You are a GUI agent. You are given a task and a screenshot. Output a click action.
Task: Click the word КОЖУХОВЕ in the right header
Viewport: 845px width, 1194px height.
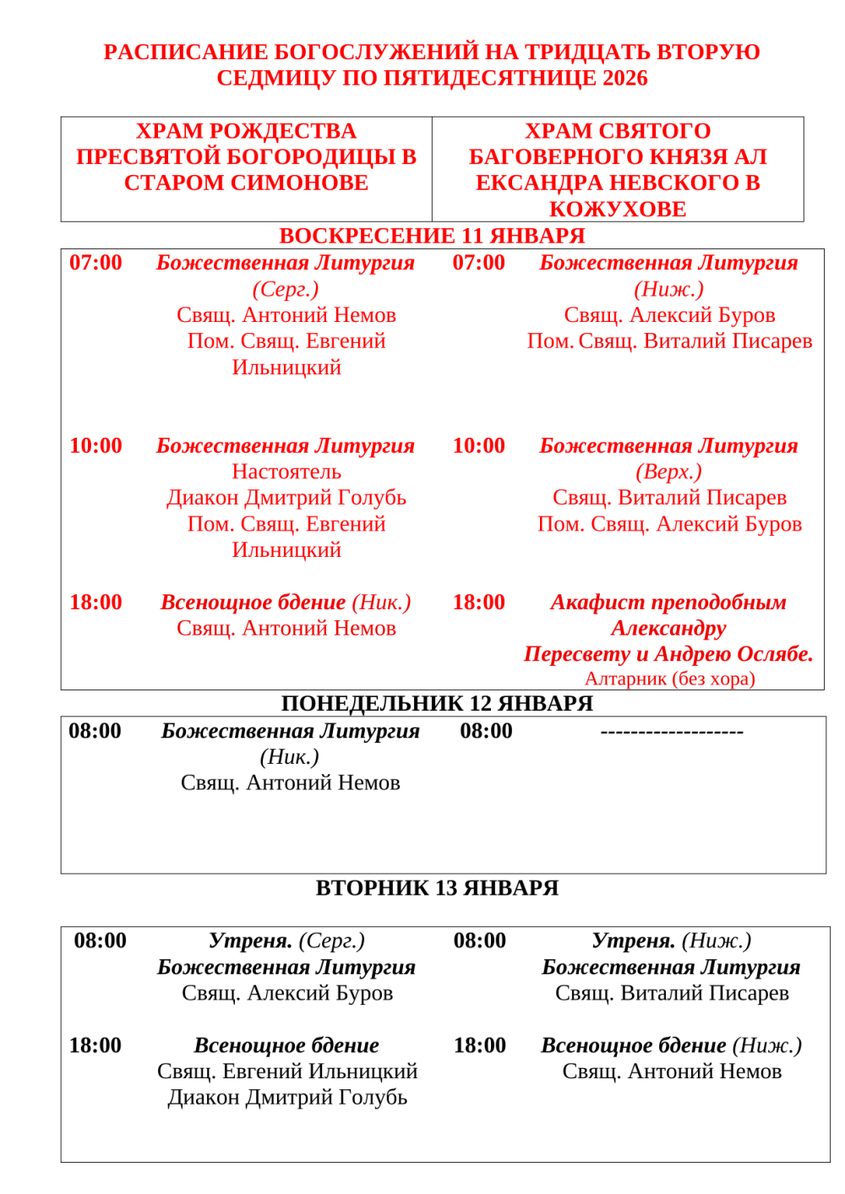[x=618, y=210]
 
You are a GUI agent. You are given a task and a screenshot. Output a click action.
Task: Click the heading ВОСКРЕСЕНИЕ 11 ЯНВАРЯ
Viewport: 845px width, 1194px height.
[x=432, y=236]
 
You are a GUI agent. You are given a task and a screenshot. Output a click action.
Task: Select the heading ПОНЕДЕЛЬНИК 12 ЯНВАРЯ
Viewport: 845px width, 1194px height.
[x=437, y=704]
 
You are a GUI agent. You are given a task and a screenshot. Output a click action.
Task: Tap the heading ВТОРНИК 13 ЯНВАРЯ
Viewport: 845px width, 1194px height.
[x=437, y=888]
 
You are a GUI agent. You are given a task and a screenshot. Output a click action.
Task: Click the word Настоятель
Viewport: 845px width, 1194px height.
[x=286, y=472]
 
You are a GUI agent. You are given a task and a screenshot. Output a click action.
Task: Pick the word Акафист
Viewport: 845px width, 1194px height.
[x=591, y=602]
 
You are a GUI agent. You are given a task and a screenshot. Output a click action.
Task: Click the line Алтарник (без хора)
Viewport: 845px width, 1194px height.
[x=670, y=679]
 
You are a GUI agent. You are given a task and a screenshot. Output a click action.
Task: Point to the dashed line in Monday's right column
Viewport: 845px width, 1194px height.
[x=672, y=732]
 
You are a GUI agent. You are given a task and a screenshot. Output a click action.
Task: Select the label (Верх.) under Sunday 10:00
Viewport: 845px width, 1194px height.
[x=668, y=472]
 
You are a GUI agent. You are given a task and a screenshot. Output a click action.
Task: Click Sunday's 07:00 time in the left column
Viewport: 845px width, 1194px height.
[x=95, y=263]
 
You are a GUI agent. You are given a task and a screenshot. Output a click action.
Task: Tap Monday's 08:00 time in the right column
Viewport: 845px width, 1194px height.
[x=486, y=732]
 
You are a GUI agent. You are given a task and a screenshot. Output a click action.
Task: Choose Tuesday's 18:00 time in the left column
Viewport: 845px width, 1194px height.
[x=95, y=1046]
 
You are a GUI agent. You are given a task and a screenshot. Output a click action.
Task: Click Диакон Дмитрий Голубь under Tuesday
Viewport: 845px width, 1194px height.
[x=287, y=1098]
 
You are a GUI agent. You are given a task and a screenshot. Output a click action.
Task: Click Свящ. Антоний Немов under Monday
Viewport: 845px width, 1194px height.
[x=290, y=783]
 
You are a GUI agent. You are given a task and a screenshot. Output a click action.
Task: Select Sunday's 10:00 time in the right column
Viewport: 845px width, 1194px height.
[x=478, y=446]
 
